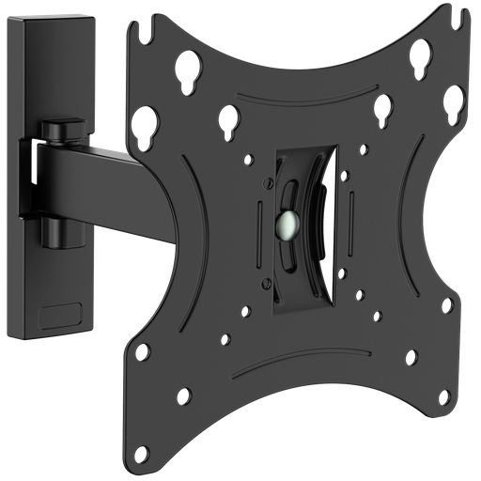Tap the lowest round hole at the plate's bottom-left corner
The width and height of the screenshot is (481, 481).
[185, 395]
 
